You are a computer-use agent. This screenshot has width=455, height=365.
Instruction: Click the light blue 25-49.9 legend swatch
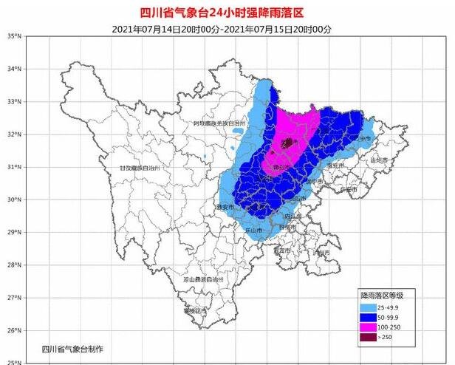point(369,306)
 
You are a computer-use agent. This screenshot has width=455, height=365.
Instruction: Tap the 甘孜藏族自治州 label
point(145,168)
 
